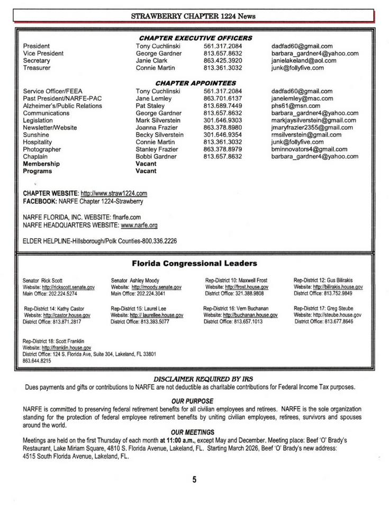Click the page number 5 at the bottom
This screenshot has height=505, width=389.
click(194, 480)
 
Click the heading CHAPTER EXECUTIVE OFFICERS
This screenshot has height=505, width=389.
click(195, 38)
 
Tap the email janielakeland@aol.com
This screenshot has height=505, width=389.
click(303, 61)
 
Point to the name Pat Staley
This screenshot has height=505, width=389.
click(150, 106)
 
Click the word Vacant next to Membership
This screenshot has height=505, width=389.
click(146, 164)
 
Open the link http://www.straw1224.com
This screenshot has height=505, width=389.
click(114, 193)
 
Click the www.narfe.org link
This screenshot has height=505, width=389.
click(139, 226)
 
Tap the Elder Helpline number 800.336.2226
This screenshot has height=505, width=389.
click(159, 241)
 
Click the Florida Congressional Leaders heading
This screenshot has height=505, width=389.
click(194, 263)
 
